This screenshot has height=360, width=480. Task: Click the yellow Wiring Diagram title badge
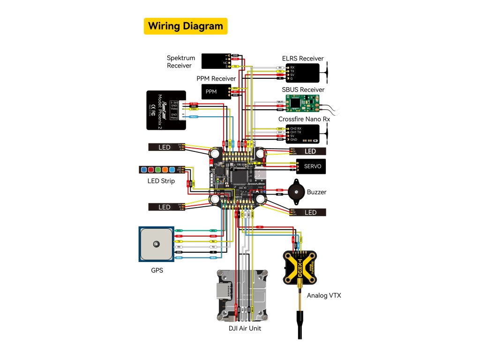[185, 26]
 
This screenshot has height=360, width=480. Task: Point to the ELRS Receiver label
[302, 59]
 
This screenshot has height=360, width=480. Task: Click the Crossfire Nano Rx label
[304, 119]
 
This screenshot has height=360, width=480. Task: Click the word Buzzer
[317, 192]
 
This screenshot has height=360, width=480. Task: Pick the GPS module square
[156, 244]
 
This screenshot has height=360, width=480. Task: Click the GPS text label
[157, 270]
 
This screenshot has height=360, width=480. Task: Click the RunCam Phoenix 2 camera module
[165, 110]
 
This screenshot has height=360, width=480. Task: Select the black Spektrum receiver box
[214, 61]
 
